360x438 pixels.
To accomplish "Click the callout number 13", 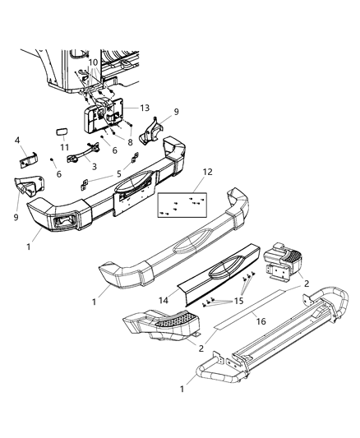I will click(x=145, y=108).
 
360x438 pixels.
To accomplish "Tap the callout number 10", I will click(x=94, y=62).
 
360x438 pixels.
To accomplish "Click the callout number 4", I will click(x=16, y=141).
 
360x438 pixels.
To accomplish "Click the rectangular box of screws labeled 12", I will click(x=183, y=202).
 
